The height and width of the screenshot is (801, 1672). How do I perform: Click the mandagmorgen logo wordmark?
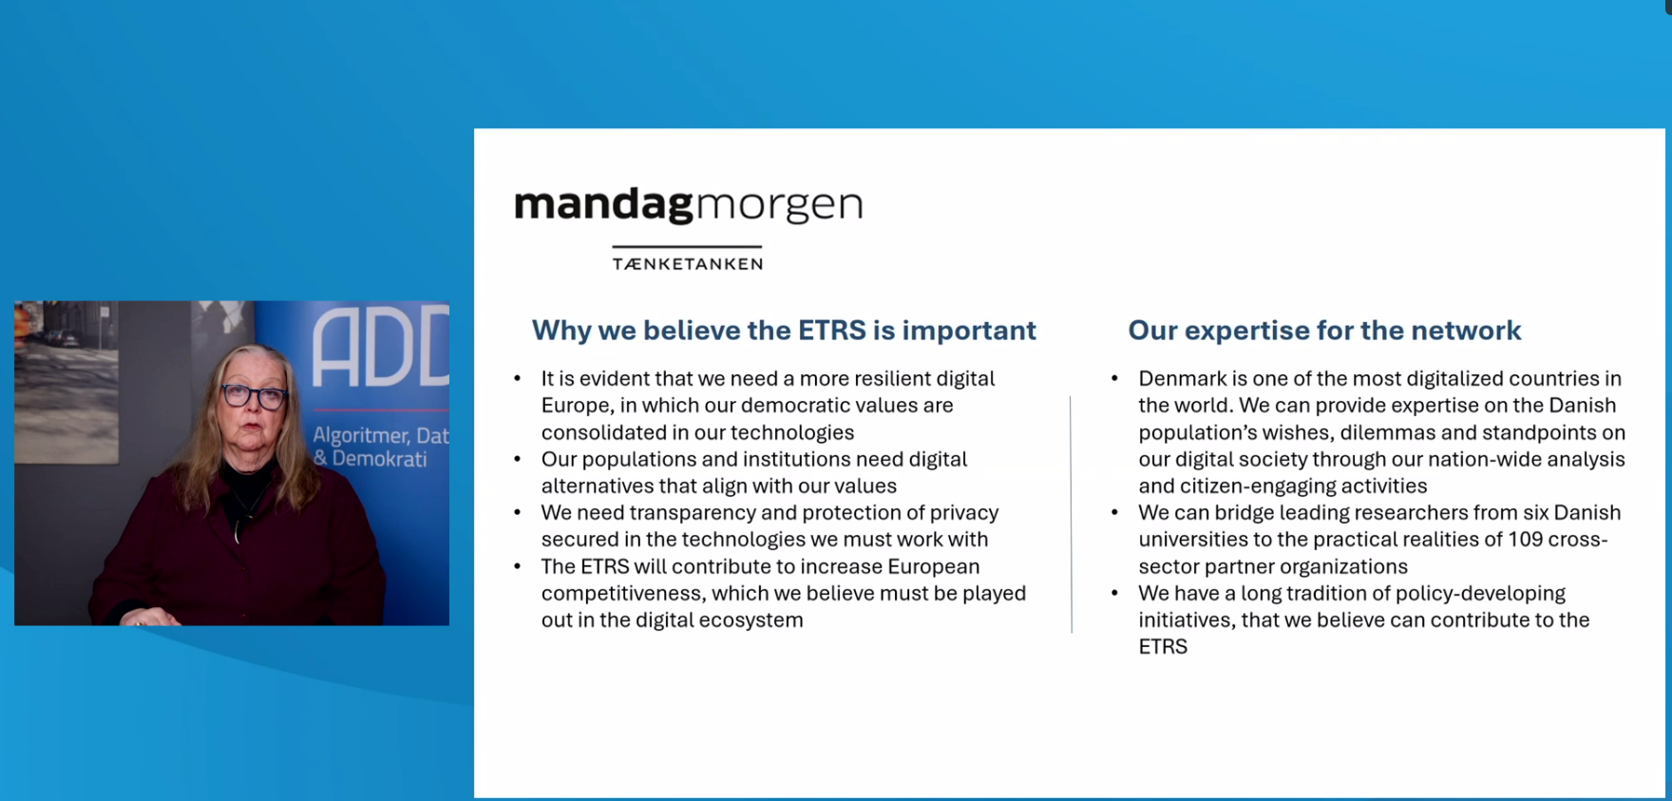(x=689, y=204)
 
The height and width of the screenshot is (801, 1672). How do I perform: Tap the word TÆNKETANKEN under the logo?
(x=688, y=264)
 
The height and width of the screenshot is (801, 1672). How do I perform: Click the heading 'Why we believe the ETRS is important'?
(x=784, y=331)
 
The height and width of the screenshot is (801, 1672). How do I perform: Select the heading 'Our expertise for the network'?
(x=1324, y=331)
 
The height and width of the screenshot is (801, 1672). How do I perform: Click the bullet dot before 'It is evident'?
(x=518, y=378)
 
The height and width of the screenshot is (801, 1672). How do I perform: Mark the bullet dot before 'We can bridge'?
(x=1115, y=512)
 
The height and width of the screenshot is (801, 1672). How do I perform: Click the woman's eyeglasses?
(x=254, y=395)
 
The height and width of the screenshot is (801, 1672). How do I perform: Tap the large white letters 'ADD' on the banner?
(x=381, y=347)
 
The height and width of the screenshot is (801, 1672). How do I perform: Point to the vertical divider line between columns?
(x=1071, y=514)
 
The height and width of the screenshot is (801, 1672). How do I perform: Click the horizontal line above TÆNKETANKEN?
(x=687, y=246)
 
